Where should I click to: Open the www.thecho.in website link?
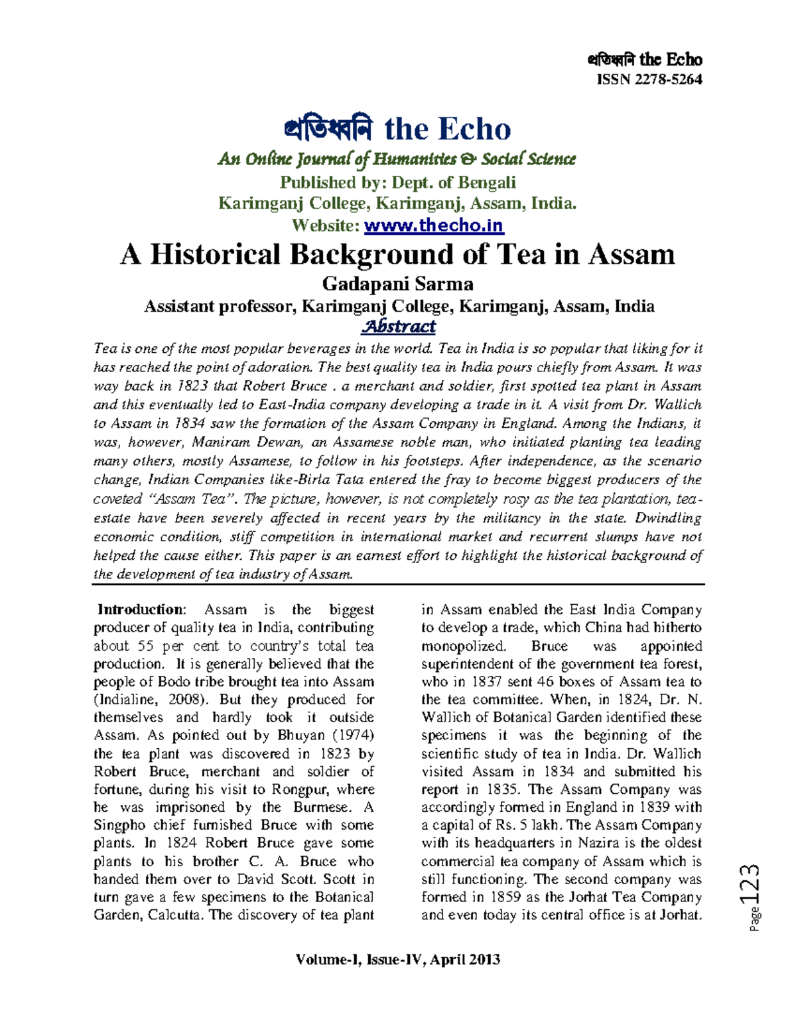tap(434, 225)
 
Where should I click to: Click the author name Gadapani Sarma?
tap(397, 284)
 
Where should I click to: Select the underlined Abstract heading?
tap(398, 326)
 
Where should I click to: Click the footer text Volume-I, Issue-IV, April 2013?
tap(398, 960)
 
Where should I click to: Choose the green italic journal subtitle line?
tap(397, 159)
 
